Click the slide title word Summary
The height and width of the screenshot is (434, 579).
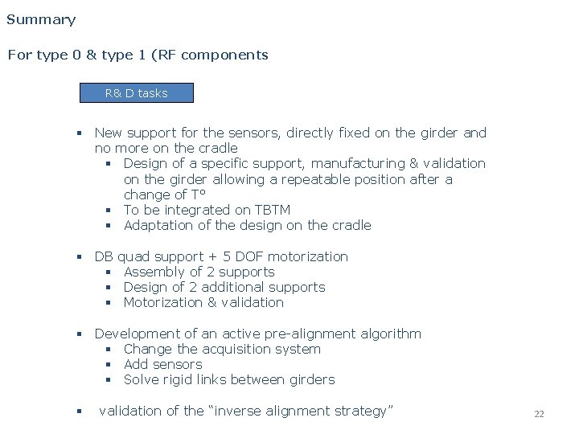41,20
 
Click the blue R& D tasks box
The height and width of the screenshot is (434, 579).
137,93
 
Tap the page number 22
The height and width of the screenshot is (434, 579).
539,414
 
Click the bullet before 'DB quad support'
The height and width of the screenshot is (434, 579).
79,256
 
